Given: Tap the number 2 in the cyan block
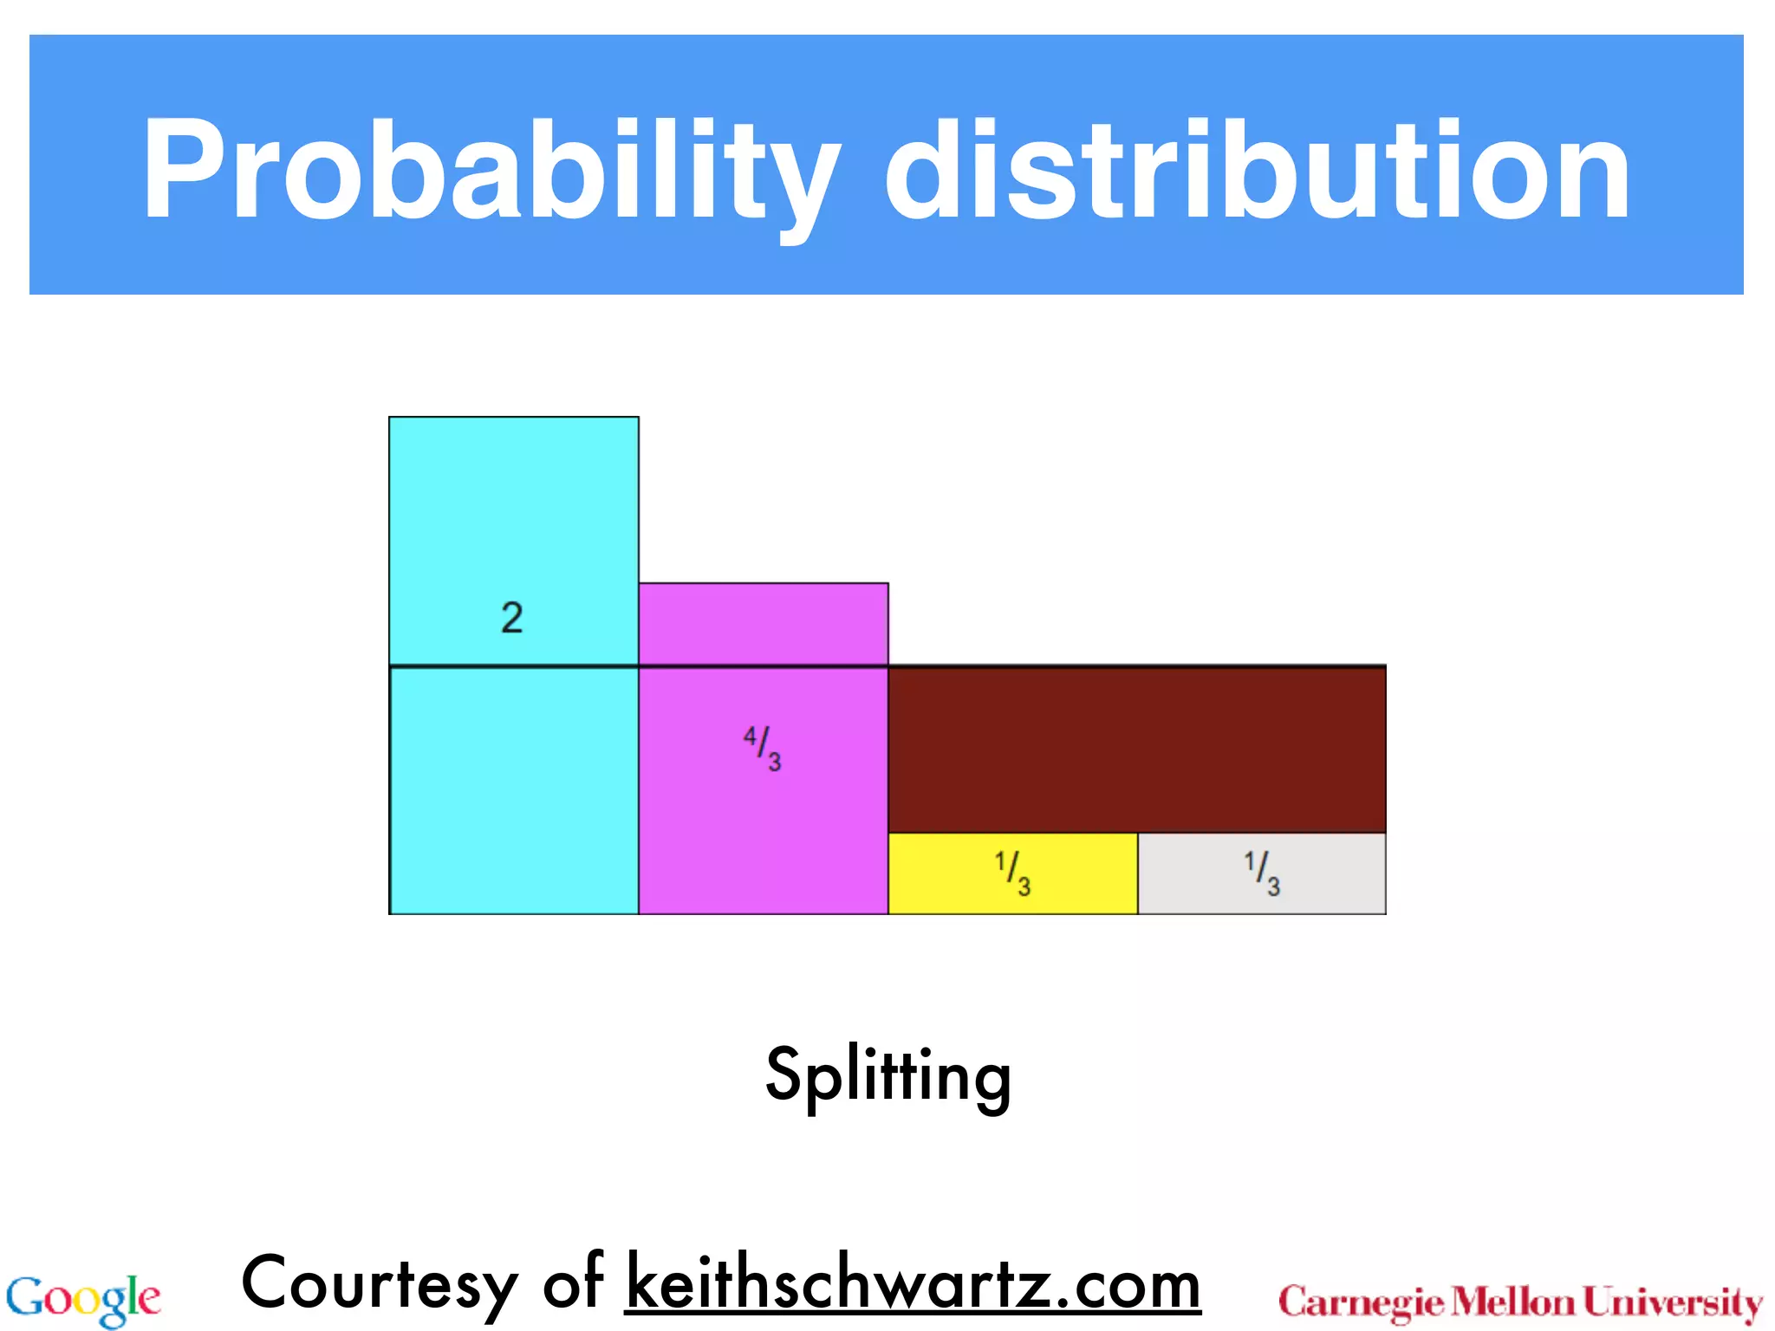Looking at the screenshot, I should click(x=512, y=618).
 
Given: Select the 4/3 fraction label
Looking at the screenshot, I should click(x=763, y=748).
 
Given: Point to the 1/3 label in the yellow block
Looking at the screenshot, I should click(x=1012, y=873).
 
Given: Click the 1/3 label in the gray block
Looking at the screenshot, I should click(x=1262, y=873).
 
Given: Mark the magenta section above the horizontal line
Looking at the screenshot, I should click(x=763, y=624).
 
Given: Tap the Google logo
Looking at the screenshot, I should click(x=83, y=1300).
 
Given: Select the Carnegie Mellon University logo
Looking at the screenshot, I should click(x=1520, y=1302).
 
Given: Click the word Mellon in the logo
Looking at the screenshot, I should click(x=1513, y=1302).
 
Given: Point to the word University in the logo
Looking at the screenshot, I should click(x=1673, y=1302).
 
